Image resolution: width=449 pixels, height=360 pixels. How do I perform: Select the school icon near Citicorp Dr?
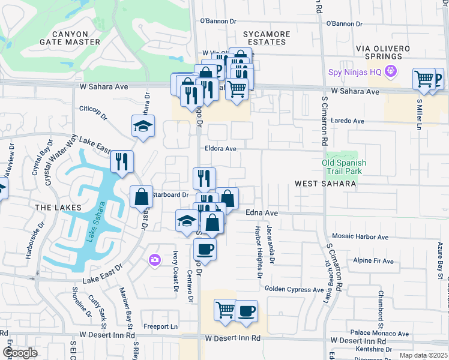coord(143,126)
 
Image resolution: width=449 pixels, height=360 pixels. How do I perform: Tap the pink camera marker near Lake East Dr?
coord(155,259)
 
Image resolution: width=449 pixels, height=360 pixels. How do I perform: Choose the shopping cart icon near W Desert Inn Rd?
coord(226,311)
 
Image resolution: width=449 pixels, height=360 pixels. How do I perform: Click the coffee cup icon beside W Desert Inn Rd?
coord(246,311)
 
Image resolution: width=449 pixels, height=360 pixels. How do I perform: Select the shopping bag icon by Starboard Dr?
coord(141,197)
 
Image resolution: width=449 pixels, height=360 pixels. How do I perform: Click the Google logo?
coord(20,353)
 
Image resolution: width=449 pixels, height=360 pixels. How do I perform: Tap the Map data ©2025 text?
coord(423,355)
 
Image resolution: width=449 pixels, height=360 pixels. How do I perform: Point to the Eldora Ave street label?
coord(221,148)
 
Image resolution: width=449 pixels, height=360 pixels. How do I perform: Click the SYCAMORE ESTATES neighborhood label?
coord(266,38)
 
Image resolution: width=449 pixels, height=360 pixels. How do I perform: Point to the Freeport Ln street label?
coord(161,327)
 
